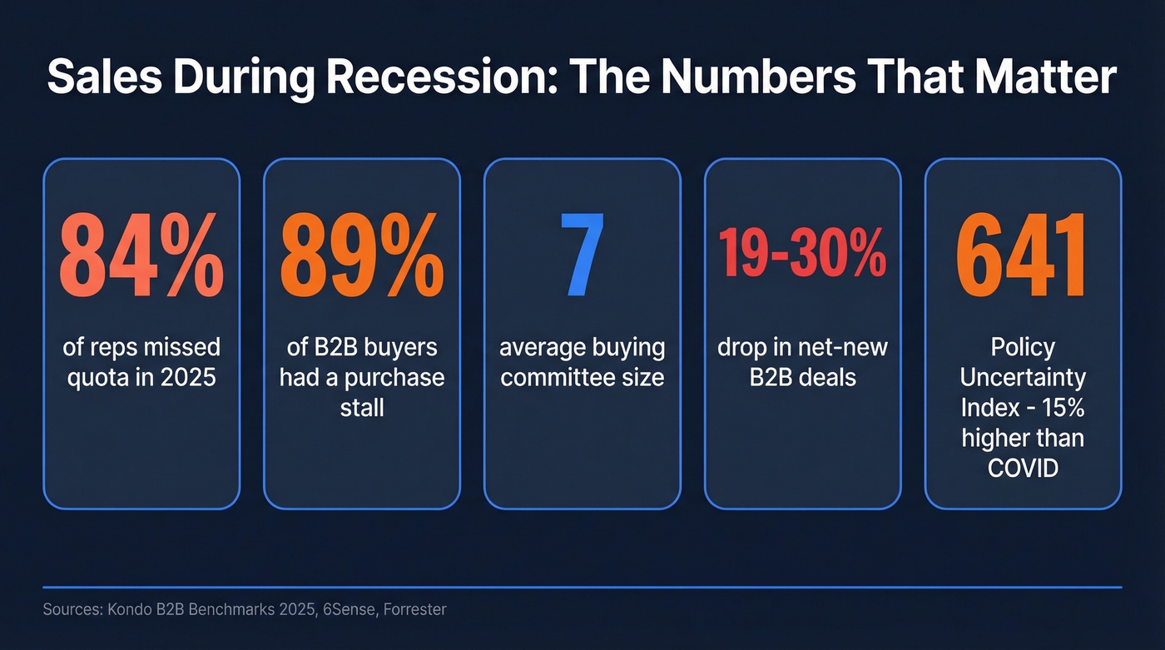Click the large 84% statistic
point(141,256)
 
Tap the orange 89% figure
point(361,256)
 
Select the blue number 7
point(582,256)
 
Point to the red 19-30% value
point(802,256)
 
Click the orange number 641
point(1023,256)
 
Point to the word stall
point(362,408)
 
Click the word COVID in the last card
point(1023,469)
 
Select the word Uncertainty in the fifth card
point(1023,378)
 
